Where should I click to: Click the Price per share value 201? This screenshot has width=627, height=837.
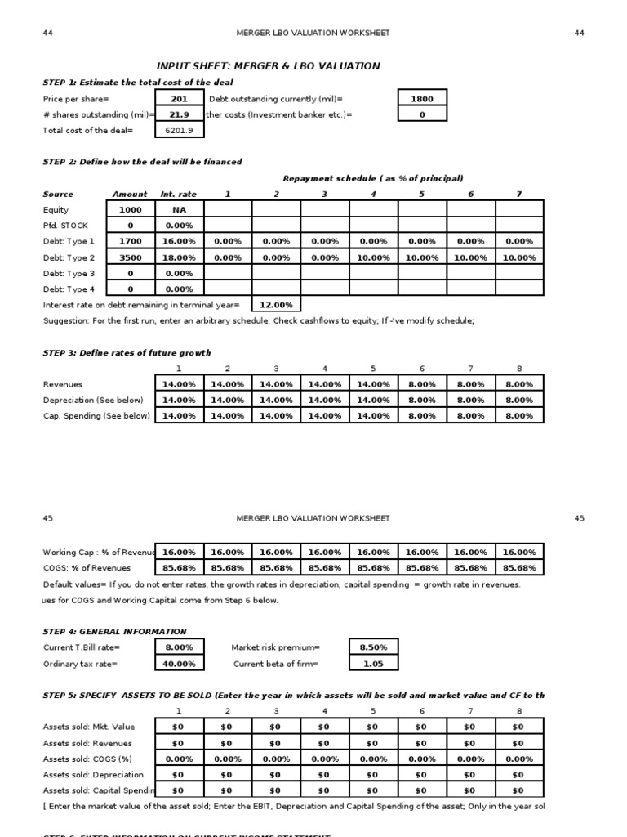pyautogui.click(x=179, y=99)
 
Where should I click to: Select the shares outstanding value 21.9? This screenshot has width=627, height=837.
pyautogui.click(x=179, y=114)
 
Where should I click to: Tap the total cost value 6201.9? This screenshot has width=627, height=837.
pyautogui.click(x=179, y=130)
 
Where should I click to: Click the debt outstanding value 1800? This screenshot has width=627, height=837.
pyautogui.click(x=422, y=99)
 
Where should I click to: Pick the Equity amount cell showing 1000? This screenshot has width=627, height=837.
pyautogui.click(x=130, y=210)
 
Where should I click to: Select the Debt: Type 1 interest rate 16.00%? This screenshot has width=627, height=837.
pyautogui.click(x=179, y=242)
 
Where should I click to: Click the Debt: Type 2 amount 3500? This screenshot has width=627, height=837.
pyautogui.click(x=130, y=257)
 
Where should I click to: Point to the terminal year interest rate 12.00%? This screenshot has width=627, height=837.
pyautogui.click(x=276, y=305)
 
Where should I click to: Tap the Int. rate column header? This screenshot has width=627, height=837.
pyautogui.click(x=179, y=195)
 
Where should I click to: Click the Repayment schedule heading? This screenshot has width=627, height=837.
pyautogui.click(x=373, y=178)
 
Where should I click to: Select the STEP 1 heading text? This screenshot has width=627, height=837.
pyautogui.click(x=137, y=83)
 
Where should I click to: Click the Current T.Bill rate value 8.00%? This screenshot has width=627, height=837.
pyautogui.click(x=179, y=647)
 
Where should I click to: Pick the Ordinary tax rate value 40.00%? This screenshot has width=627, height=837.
pyautogui.click(x=179, y=664)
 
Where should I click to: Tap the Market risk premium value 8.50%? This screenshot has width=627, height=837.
pyautogui.click(x=373, y=647)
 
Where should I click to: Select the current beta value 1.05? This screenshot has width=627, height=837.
pyautogui.click(x=373, y=664)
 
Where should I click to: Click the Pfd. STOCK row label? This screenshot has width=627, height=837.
pyautogui.click(x=65, y=226)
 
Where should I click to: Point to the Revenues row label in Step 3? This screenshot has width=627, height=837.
pyautogui.click(x=62, y=384)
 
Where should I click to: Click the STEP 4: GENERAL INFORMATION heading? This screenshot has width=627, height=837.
pyautogui.click(x=114, y=632)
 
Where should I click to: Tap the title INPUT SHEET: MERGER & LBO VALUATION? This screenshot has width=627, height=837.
pyautogui.click(x=268, y=66)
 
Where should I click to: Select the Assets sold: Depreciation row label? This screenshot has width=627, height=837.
pyautogui.click(x=93, y=775)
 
